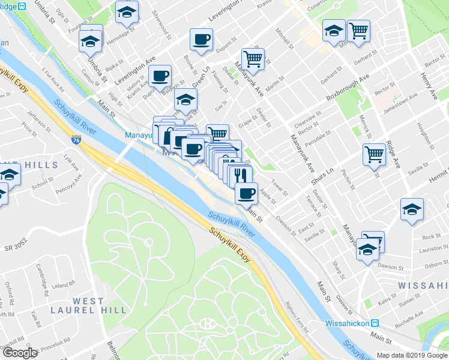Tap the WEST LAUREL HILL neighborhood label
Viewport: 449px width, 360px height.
point(99,305)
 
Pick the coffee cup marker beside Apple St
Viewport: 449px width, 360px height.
point(246,193)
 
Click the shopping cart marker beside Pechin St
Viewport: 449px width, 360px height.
point(375,154)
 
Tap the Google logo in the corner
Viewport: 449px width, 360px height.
point(20,353)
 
